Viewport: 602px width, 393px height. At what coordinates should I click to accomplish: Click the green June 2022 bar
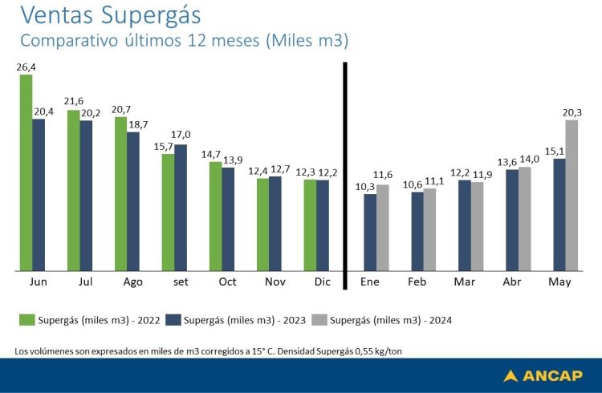[x=26, y=172]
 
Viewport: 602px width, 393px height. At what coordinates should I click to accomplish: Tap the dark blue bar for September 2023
[x=181, y=208]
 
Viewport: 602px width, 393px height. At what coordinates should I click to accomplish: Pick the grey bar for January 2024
[x=382, y=228]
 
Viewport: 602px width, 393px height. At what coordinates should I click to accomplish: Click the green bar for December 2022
[x=311, y=225]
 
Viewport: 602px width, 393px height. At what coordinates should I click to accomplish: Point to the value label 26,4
[x=26, y=67]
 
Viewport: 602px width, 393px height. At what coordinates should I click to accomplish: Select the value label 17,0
[x=182, y=135]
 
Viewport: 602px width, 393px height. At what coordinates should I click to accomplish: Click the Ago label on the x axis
[x=133, y=283]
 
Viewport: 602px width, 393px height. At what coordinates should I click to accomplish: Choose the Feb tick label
[x=417, y=283]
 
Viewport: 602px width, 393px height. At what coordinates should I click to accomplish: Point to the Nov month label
[x=275, y=283]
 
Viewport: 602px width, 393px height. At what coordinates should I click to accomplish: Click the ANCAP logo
[x=543, y=375]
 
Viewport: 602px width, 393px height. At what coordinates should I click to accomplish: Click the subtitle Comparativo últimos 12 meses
[x=185, y=41]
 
